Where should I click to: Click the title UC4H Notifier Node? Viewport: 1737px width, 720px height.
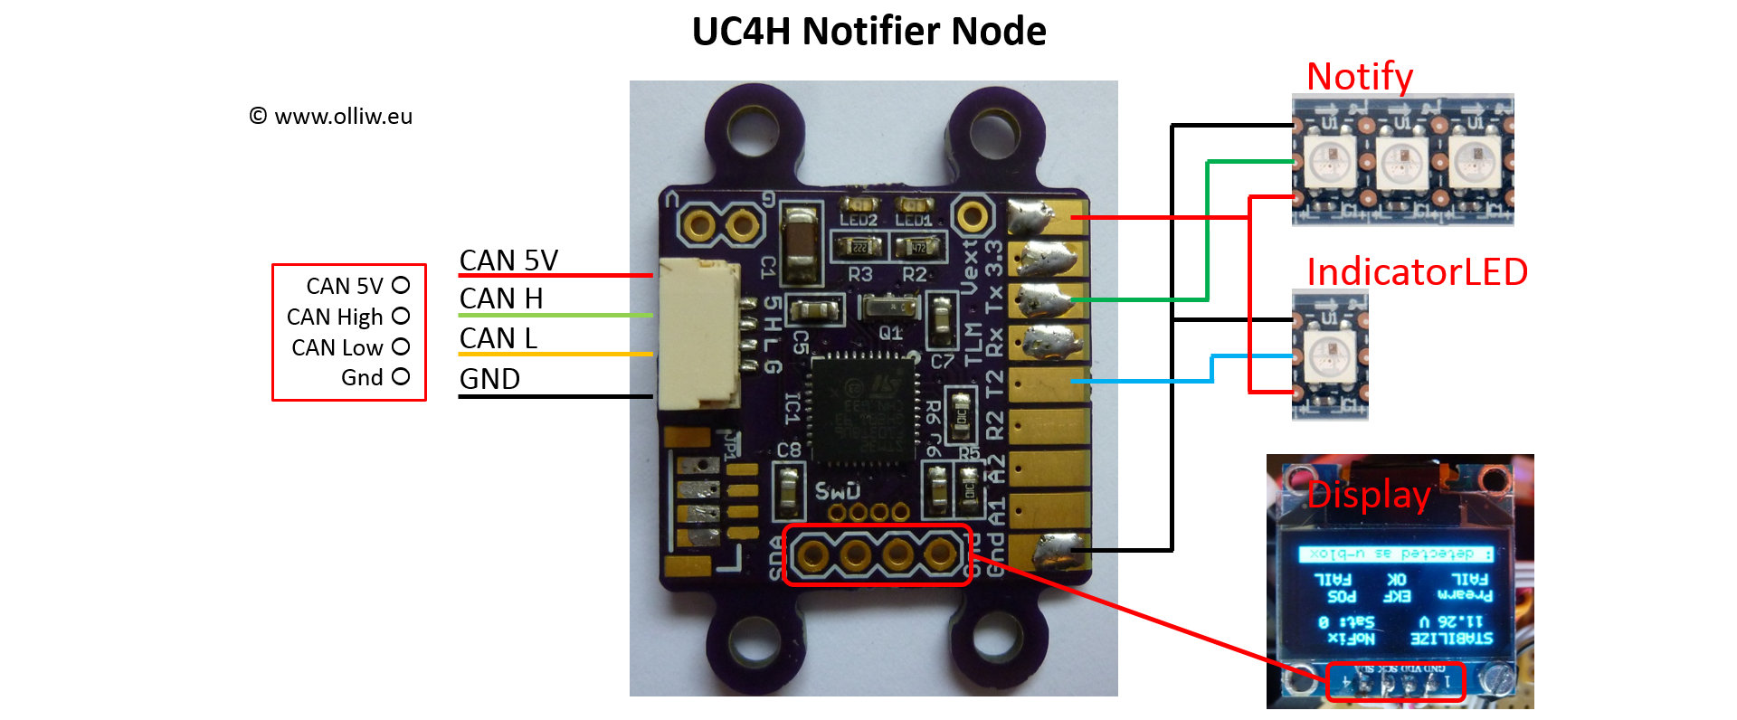point(868,32)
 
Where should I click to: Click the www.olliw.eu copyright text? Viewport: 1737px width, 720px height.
point(331,117)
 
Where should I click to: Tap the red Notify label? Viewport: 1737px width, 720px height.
point(1359,77)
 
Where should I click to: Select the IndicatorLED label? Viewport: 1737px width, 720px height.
point(1417,271)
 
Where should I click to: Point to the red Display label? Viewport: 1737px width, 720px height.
point(1369,495)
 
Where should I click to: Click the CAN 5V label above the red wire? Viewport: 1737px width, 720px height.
point(508,261)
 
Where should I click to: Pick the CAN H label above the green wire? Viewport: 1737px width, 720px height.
point(500,298)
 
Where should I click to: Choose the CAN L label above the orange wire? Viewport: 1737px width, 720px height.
point(498,338)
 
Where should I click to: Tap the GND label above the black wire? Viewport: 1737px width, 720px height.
point(489,379)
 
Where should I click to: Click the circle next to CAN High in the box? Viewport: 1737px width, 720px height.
point(401,317)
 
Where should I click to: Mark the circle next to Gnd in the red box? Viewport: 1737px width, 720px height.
point(401,376)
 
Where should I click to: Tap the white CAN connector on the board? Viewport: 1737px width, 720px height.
point(699,334)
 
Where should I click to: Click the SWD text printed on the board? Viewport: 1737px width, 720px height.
point(837,490)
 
